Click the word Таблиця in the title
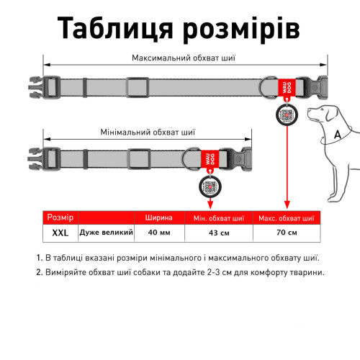[x=115, y=28]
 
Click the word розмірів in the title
[x=241, y=30]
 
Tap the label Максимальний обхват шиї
[x=184, y=58]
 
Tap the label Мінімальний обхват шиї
[x=148, y=132]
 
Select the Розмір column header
[x=60, y=217]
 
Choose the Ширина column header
[x=159, y=217]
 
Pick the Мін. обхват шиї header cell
[x=219, y=218]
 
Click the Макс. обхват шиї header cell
[x=287, y=218]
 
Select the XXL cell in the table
[x=60, y=233]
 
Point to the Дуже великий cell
[x=107, y=233]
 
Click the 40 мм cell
[x=159, y=233]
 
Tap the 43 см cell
[x=219, y=233]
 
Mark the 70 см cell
[x=287, y=233]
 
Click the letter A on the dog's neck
[x=338, y=135]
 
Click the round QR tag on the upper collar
[x=287, y=114]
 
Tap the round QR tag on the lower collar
[x=210, y=186]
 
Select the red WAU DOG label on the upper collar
[x=287, y=88]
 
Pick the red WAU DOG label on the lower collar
[x=210, y=159]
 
